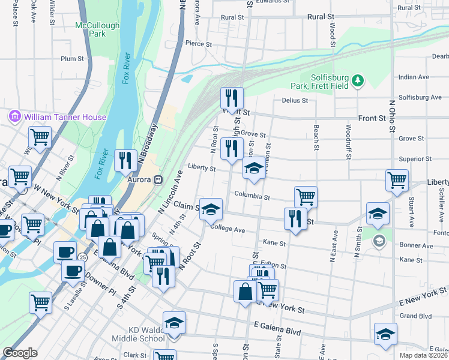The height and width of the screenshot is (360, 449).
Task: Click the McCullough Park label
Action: click(x=97, y=30)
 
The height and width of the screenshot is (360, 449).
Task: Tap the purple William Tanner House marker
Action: click(x=15, y=116)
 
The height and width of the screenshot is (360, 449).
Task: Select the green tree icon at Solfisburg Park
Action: click(x=358, y=80)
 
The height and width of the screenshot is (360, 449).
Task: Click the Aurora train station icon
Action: click(x=158, y=179)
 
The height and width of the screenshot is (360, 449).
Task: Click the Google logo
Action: click(x=20, y=353)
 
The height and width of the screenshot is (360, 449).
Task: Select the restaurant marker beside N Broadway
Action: click(x=125, y=160)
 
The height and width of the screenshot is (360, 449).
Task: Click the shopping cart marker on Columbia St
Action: click(x=306, y=196)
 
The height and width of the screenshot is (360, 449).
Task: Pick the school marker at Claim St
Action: click(x=211, y=209)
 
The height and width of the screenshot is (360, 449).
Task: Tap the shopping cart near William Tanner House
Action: click(x=40, y=136)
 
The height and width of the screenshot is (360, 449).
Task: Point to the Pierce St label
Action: click(x=199, y=44)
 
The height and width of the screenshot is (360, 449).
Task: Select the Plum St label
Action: click(x=72, y=59)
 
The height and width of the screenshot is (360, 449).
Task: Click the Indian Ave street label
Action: click(x=414, y=77)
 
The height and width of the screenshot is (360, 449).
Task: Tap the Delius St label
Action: click(x=295, y=101)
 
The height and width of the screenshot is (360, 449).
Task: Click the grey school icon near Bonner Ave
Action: click(x=379, y=241)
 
